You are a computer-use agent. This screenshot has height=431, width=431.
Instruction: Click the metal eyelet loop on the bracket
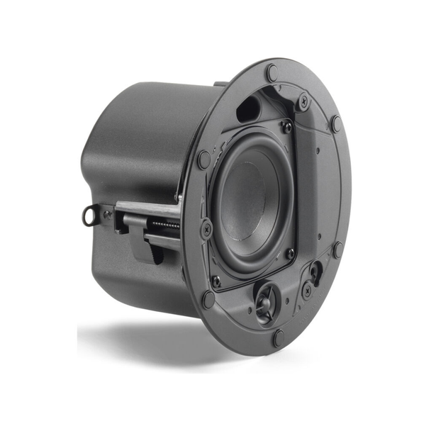click(x=90, y=213)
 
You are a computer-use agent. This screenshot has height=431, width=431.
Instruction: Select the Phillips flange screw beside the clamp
click(x=206, y=228)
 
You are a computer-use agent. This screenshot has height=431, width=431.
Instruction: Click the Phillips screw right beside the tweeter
click(x=307, y=290)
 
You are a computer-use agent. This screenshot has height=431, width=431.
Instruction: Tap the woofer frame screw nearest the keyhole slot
click(x=290, y=253)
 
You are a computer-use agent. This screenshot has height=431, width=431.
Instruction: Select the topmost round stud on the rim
click(x=272, y=72)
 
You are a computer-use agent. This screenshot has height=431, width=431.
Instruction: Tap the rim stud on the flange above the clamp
click(x=203, y=159)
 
